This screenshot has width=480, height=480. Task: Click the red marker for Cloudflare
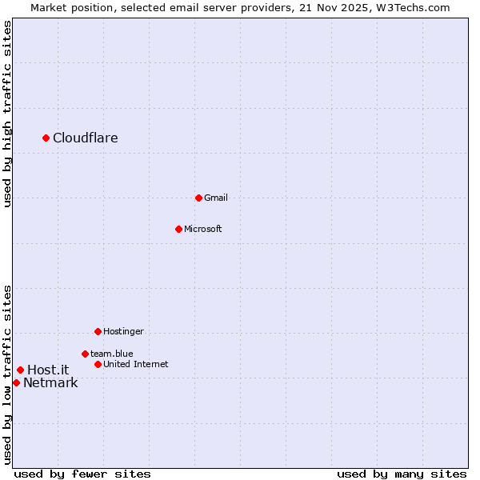click(46, 138)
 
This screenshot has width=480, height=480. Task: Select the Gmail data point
click(199, 198)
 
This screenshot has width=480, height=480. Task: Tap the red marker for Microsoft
click(179, 229)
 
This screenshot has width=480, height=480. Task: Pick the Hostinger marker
click(98, 331)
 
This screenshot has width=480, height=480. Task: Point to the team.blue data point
click(85, 354)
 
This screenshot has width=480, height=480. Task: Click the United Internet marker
click(98, 364)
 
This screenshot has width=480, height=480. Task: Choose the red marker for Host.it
click(21, 370)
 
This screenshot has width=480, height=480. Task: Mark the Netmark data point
click(17, 382)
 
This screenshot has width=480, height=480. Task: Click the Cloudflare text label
click(86, 138)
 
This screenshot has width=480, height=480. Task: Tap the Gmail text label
click(216, 198)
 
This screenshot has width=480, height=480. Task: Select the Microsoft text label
click(203, 229)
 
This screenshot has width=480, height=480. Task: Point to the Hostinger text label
click(124, 331)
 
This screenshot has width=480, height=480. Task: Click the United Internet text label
click(136, 364)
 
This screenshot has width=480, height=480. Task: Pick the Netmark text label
click(50, 382)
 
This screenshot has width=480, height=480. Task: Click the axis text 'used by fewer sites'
click(82, 474)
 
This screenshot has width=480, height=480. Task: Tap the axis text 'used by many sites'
click(402, 474)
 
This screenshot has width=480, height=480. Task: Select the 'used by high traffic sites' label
click(7, 114)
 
